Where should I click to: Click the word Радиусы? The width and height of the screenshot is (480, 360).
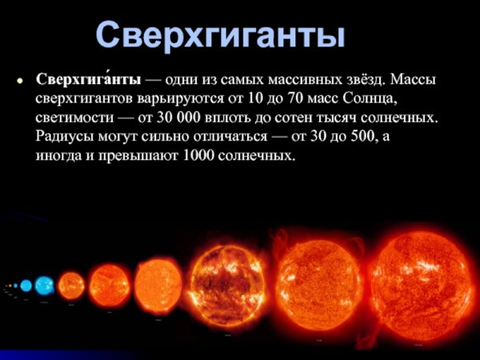click(x=65, y=136)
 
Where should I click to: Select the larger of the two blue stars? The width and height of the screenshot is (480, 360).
click(x=44, y=285)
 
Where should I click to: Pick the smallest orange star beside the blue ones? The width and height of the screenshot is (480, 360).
click(x=71, y=283)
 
